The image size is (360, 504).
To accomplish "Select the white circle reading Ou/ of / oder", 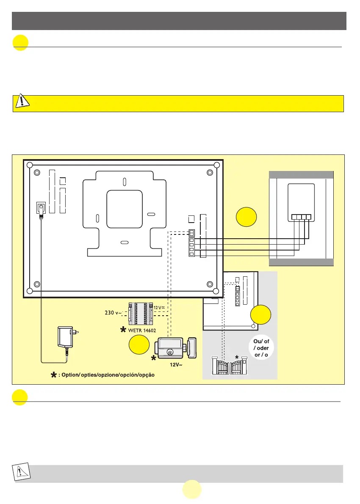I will tap(258, 348).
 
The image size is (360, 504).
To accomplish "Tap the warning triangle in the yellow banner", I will tap(21, 102).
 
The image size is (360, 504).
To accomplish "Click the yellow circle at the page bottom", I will tap(192, 490).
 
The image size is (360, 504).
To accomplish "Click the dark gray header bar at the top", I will tap(180, 21).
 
